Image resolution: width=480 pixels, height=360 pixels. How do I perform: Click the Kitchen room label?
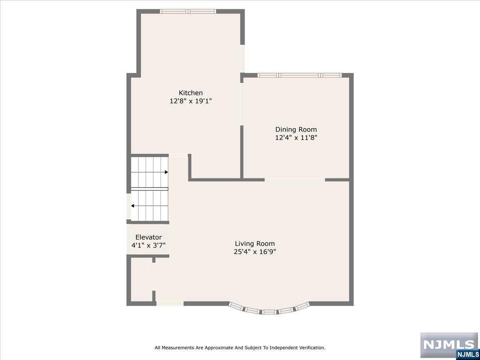(191, 93)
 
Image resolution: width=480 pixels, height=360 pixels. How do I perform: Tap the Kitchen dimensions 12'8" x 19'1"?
(191, 101)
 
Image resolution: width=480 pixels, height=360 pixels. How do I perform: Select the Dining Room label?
(296, 130)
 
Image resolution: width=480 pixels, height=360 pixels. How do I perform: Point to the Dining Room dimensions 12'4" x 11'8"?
(296, 138)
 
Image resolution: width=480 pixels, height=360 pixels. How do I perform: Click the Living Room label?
(255, 244)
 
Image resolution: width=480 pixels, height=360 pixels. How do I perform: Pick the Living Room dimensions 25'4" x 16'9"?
(255, 252)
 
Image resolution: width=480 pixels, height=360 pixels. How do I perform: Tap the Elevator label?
(148, 237)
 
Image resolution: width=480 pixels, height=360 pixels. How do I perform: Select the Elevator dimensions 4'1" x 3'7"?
(148, 246)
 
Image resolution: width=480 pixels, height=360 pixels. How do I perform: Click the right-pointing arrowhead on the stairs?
(166, 172)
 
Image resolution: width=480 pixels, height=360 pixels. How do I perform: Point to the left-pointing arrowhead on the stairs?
(132, 206)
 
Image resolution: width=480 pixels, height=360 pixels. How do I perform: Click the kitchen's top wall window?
(188, 11)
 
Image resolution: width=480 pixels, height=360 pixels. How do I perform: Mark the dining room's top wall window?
(299, 76)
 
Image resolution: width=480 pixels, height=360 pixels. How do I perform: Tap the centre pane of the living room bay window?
(269, 312)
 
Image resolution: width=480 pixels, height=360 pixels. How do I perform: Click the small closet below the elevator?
(142, 279)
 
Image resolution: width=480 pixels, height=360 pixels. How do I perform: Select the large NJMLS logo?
(449, 345)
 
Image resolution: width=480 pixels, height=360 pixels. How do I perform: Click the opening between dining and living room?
(295, 180)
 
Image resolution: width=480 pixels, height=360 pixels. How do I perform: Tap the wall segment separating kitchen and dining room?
(242, 152)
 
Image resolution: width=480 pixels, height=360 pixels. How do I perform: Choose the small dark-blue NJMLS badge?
(468, 354)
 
